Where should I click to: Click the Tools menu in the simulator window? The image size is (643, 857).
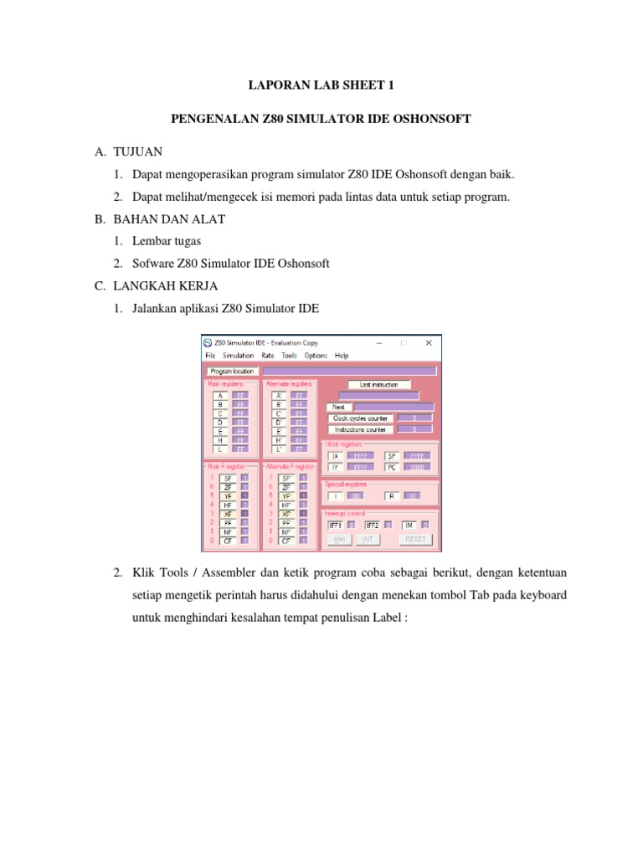click(x=289, y=356)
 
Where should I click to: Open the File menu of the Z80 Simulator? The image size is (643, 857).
click(x=210, y=356)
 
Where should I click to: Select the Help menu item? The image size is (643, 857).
click(x=341, y=356)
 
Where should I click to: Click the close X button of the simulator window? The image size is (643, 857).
click(x=429, y=342)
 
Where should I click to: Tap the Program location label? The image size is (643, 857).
click(x=232, y=371)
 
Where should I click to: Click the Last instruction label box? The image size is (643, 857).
click(x=378, y=385)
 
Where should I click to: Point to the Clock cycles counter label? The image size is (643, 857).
click(x=361, y=417)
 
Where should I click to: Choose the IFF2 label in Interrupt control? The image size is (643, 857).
click(x=373, y=525)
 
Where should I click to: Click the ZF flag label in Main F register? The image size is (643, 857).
click(x=228, y=486)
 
